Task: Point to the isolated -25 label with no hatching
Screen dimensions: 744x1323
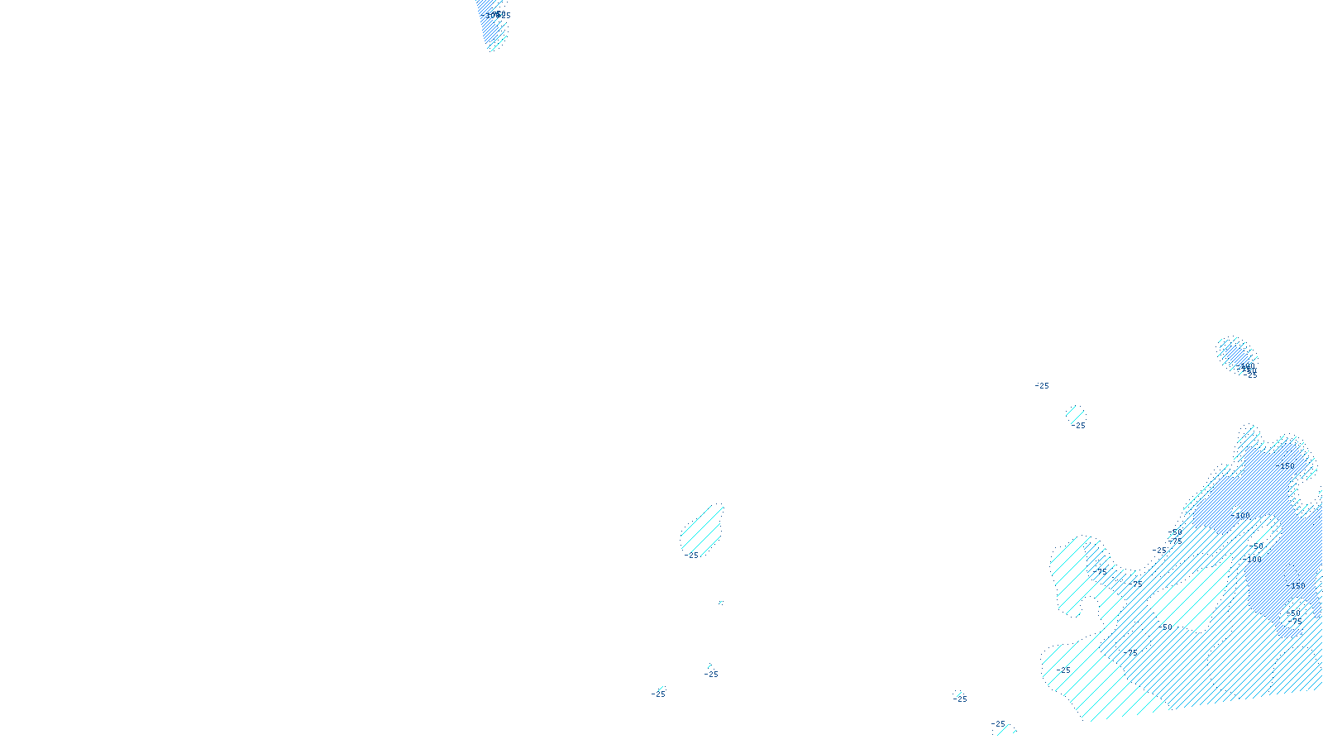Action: pos(1042,386)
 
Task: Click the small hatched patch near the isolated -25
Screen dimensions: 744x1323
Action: pos(1075,413)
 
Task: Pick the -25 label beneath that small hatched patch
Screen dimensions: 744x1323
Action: pos(1078,426)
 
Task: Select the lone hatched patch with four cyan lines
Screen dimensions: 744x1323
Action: pos(701,529)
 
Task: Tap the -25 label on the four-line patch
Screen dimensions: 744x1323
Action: pos(693,556)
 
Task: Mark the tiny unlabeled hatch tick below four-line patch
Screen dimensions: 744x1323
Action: pos(721,603)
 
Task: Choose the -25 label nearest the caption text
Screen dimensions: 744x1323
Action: pos(658,694)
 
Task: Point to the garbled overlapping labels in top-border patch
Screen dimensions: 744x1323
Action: pos(496,15)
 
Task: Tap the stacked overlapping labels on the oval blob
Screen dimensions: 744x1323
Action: pos(1247,370)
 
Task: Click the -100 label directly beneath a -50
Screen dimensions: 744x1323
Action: pos(1254,560)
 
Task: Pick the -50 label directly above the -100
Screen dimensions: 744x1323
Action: pos(1257,546)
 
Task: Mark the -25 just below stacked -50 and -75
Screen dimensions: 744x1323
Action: pos(1160,551)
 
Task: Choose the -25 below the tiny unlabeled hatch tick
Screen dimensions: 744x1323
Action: pos(711,675)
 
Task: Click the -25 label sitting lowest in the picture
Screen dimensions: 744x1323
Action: pos(999,724)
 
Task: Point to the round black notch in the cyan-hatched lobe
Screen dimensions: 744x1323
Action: pos(1087,610)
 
